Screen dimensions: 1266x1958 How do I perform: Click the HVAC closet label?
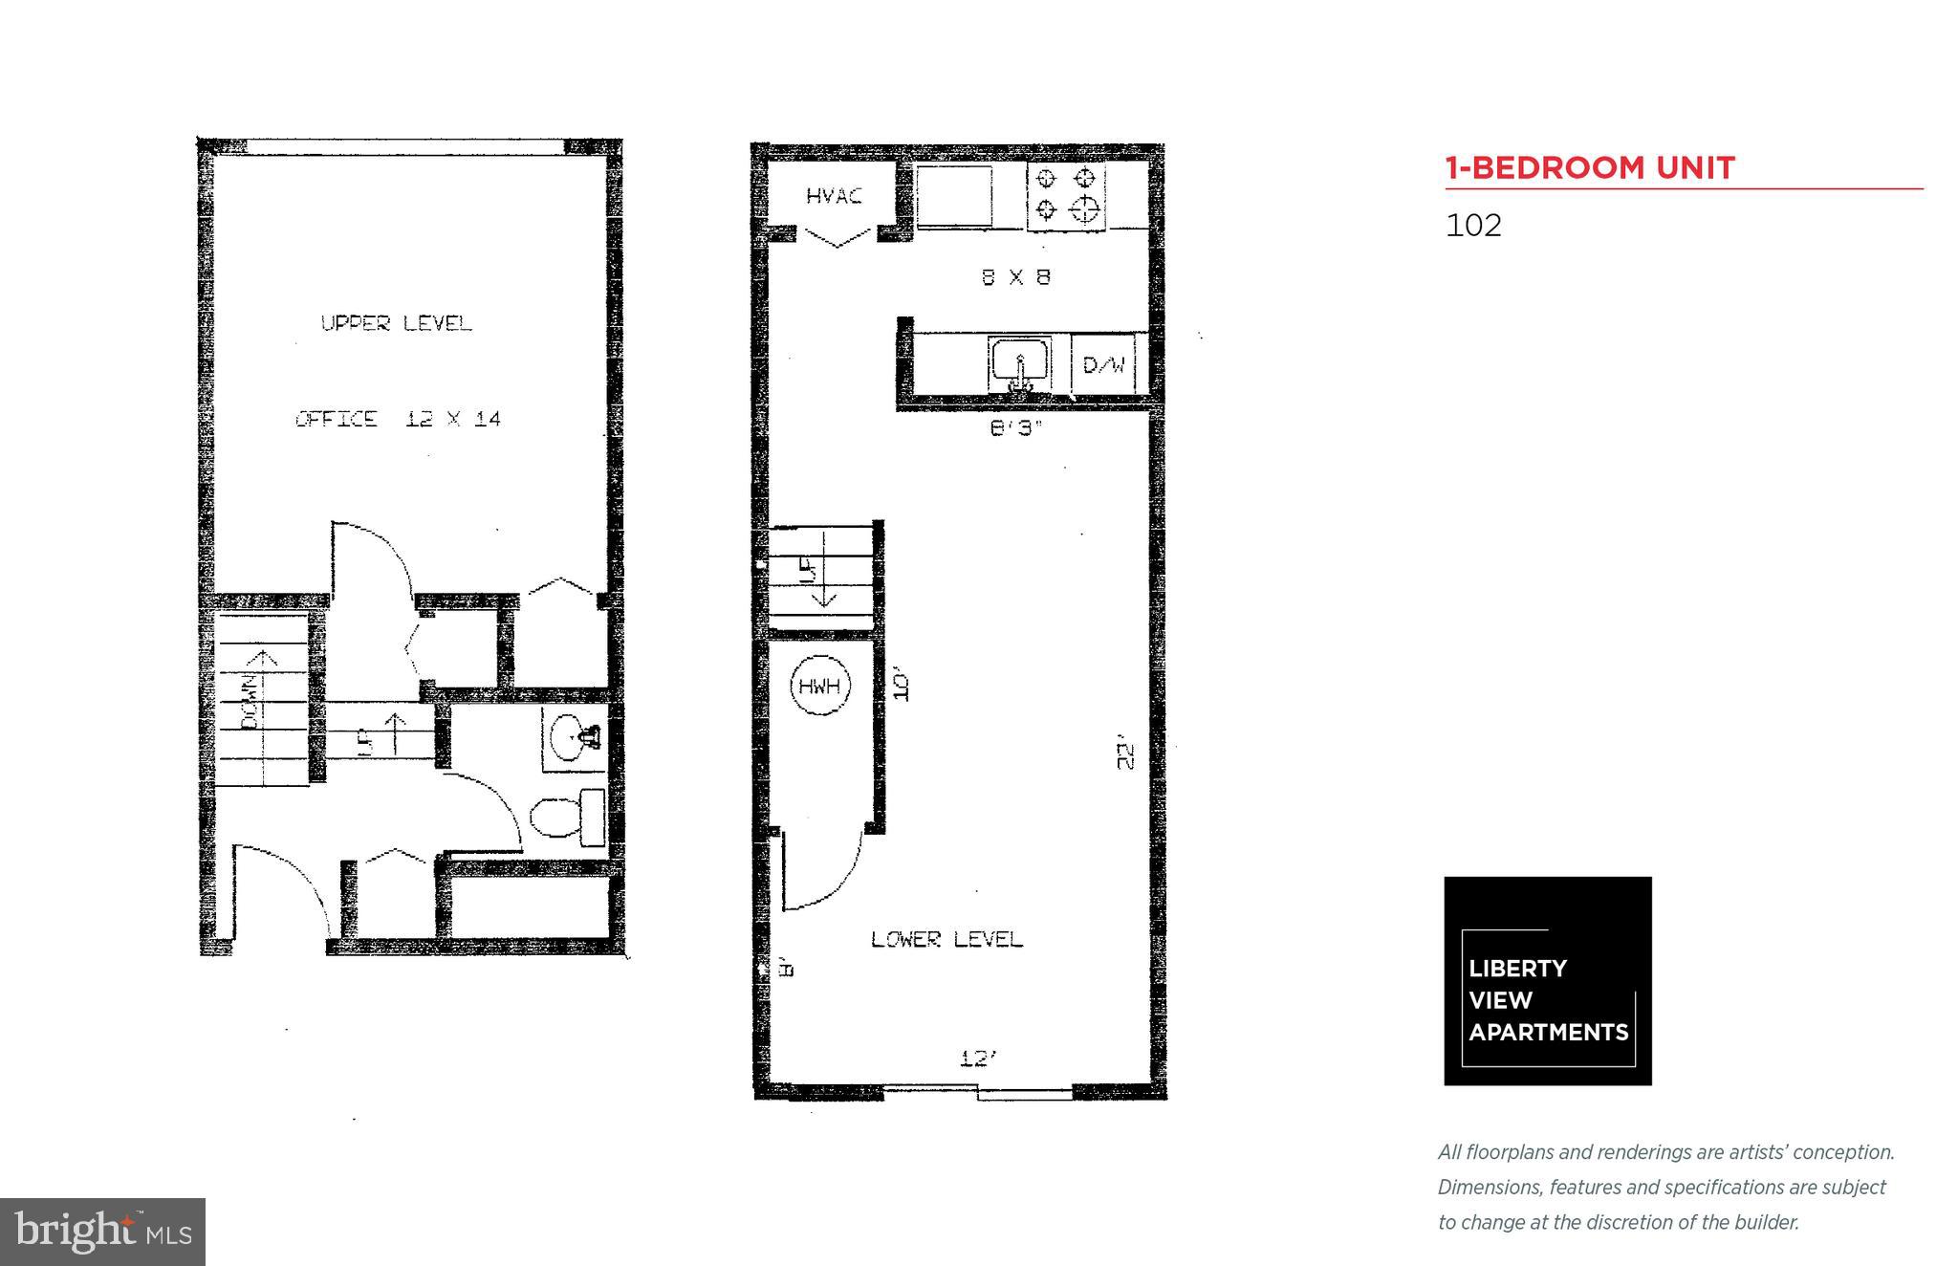pyautogui.click(x=834, y=196)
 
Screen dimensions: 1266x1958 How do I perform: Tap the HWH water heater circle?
pyautogui.click(x=820, y=686)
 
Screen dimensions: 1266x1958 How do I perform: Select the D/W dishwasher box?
pyautogui.click(x=1102, y=364)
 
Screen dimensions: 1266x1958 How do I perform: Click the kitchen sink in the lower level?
pyautogui.click(x=1020, y=365)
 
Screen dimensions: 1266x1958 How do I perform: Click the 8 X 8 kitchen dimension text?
pyautogui.click(x=1015, y=277)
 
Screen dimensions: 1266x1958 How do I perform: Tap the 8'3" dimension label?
pyautogui.click(x=1014, y=429)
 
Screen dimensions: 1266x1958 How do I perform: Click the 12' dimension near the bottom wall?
pyautogui.click(x=978, y=1059)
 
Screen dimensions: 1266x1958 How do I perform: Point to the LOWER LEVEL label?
pyautogui.click(x=946, y=939)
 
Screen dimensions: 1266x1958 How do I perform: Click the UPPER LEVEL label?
pyautogui.click(x=396, y=323)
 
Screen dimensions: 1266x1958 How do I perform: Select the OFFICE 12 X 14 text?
pyautogui.click(x=398, y=419)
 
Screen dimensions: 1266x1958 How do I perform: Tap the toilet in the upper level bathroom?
pyautogui.click(x=567, y=817)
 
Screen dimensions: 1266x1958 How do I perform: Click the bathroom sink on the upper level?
pyautogui.click(x=576, y=737)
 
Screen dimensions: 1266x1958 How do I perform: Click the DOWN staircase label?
pyautogui.click(x=249, y=703)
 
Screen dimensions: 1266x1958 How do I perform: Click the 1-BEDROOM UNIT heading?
pyautogui.click(x=1589, y=168)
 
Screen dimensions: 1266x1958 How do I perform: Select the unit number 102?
pyautogui.click(x=1473, y=226)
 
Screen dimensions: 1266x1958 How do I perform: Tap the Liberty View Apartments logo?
pyautogui.click(x=1547, y=981)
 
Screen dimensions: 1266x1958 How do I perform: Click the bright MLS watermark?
pyautogui.click(x=102, y=1232)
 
